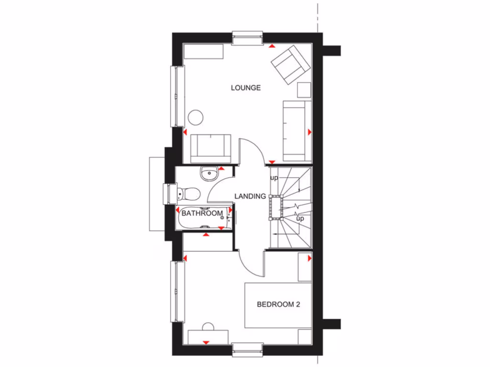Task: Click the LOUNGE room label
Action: click(x=245, y=88)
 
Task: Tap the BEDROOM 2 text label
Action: click(x=278, y=304)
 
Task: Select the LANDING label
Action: click(x=250, y=196)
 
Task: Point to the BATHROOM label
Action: click(x=202, y=213)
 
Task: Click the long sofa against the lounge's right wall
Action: click(x=294, y=130)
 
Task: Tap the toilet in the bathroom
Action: click(x=188, y=194)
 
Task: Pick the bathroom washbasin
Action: click(x=209, y=174)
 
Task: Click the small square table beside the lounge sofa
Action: click(x=304, y=90)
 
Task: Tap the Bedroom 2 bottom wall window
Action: click(x=247, y=349)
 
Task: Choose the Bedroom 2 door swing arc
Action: click(x=252, y=263)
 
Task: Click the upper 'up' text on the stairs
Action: click(x=274, y=178)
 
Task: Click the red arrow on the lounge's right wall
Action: click(x=310, y=131)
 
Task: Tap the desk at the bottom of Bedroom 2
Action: click(x=208, y=336)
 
